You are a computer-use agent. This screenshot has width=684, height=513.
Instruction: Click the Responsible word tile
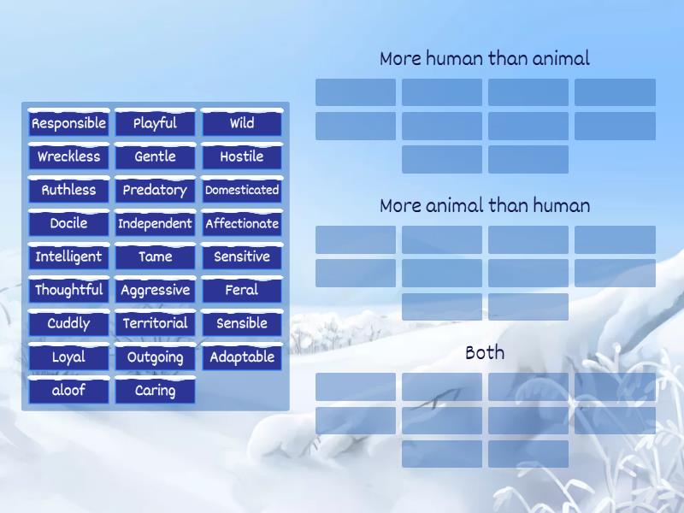(68, 123)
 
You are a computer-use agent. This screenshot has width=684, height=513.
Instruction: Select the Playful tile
(155, 123)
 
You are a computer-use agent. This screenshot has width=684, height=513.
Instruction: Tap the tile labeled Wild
(242, 123)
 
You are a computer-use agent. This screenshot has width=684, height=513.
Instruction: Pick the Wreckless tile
(68, 156)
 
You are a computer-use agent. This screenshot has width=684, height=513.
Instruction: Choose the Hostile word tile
(242, 156)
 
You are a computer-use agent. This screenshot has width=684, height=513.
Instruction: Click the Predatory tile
(155, 190)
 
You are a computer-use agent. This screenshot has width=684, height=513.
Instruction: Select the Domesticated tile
(242, 190)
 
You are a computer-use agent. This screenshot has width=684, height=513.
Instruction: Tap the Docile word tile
(68, 223)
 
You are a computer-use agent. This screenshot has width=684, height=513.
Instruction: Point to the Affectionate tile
(242, 223)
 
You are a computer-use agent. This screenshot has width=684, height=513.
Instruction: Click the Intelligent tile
(68, 256)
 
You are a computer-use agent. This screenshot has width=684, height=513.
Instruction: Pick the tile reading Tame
(155, 256)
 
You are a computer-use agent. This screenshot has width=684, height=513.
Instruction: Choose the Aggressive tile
(155, 290)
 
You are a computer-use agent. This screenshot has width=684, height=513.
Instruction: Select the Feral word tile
(242, 290)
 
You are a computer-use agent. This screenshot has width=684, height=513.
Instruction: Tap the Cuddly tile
(68, 323)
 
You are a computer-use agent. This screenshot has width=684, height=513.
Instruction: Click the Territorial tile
(155, 323)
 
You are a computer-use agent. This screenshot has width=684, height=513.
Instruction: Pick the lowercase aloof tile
(68, 390)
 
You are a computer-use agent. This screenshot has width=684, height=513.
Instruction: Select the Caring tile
(155, 390)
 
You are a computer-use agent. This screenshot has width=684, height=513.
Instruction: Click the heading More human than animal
(485, 59)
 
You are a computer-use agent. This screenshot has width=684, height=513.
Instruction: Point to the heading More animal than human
(485, 206)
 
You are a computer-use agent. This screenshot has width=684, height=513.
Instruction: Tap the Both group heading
(485, 352)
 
